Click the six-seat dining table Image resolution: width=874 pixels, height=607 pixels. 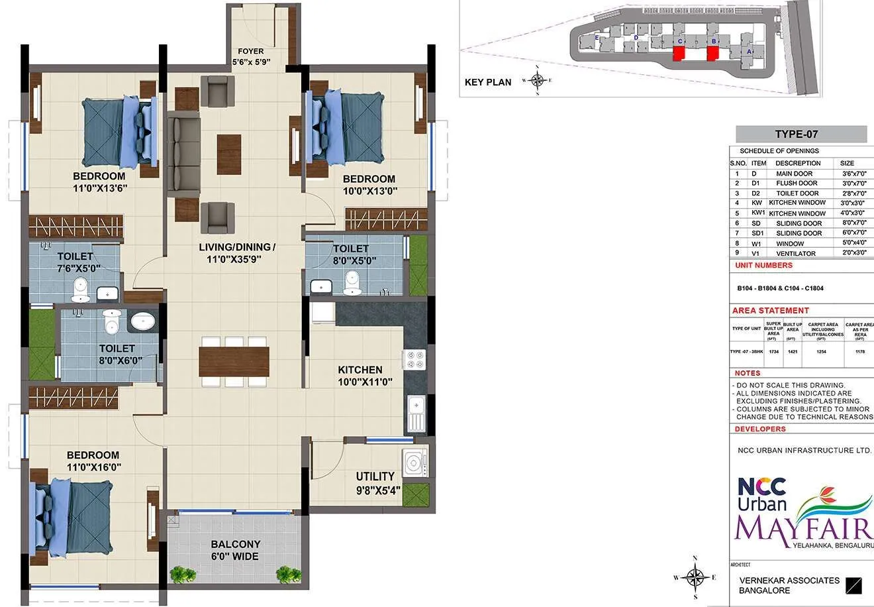[x=234, y=361]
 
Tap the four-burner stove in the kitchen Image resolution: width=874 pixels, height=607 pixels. [x=415, y=360]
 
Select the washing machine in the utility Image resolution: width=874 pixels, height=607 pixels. [x=414, y=461]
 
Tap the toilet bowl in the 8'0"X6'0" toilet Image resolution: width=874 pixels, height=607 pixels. [x=112, y=323]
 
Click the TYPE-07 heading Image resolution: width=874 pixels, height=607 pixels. [x=797, y=134]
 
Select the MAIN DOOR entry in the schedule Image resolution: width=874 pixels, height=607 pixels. [x=794, y=174]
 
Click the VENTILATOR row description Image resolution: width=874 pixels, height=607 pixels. [x=795, y=253]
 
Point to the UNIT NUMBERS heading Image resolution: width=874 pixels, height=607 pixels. [x=763, y=265]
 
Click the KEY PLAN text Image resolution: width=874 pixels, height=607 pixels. [x=488, y=82]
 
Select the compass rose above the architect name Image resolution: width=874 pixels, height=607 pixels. [x=694, y=577]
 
